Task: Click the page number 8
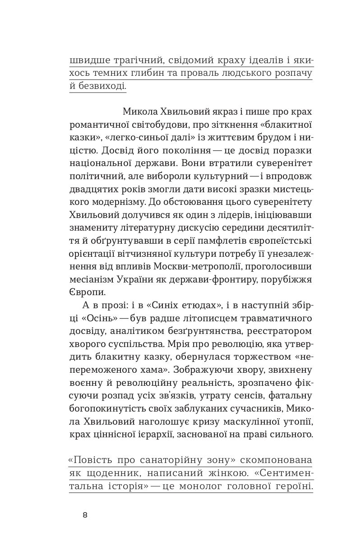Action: pyautogui.click(x=85, y=515)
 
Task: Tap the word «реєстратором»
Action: pyautogui.click(x=280, y=345)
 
